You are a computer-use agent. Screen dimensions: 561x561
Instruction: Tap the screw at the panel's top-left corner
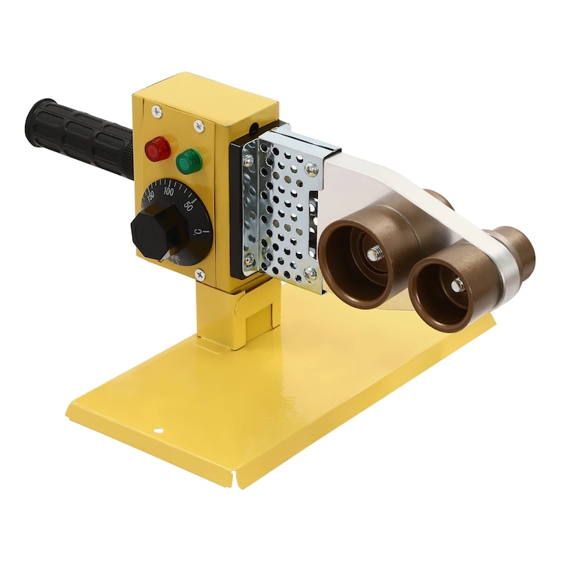click(159, 111)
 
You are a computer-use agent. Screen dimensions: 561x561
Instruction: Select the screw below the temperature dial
click(199, 273)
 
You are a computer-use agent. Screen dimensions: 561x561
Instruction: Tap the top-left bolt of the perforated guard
click(249, 161)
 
